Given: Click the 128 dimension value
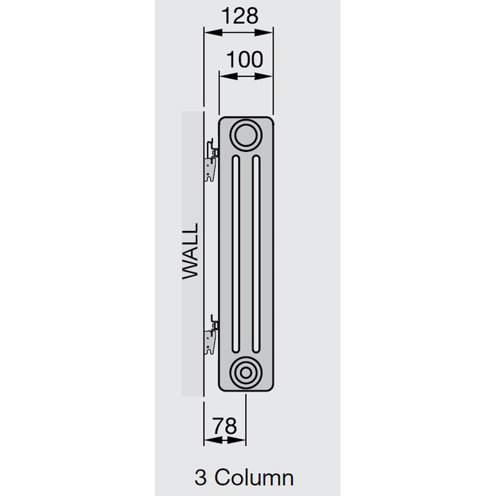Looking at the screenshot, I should click(239, 15).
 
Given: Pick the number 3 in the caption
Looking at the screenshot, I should click(200, 478).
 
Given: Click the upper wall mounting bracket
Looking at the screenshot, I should click(211, 159).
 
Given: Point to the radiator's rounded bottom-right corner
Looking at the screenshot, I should click(269, 388).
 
